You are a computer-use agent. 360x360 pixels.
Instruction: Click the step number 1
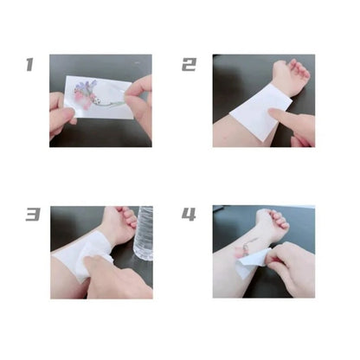click(x=29, y=65)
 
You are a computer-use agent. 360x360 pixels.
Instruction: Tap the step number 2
click(x=190, y=65)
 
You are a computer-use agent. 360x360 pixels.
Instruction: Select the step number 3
click(x=33, y=215)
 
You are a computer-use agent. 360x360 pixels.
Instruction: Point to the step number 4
click(x=189, y=215)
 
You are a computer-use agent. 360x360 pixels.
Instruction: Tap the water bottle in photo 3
click(x=144, y=233)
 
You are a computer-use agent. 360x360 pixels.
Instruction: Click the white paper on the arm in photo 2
click(x=261, y=111)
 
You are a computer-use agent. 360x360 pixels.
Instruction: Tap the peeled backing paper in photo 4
click(x=250, y=263)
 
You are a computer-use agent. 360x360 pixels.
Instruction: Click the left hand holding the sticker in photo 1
click(x=61, y=114)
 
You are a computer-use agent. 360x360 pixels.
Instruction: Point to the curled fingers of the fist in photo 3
click(x=127, y=215)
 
